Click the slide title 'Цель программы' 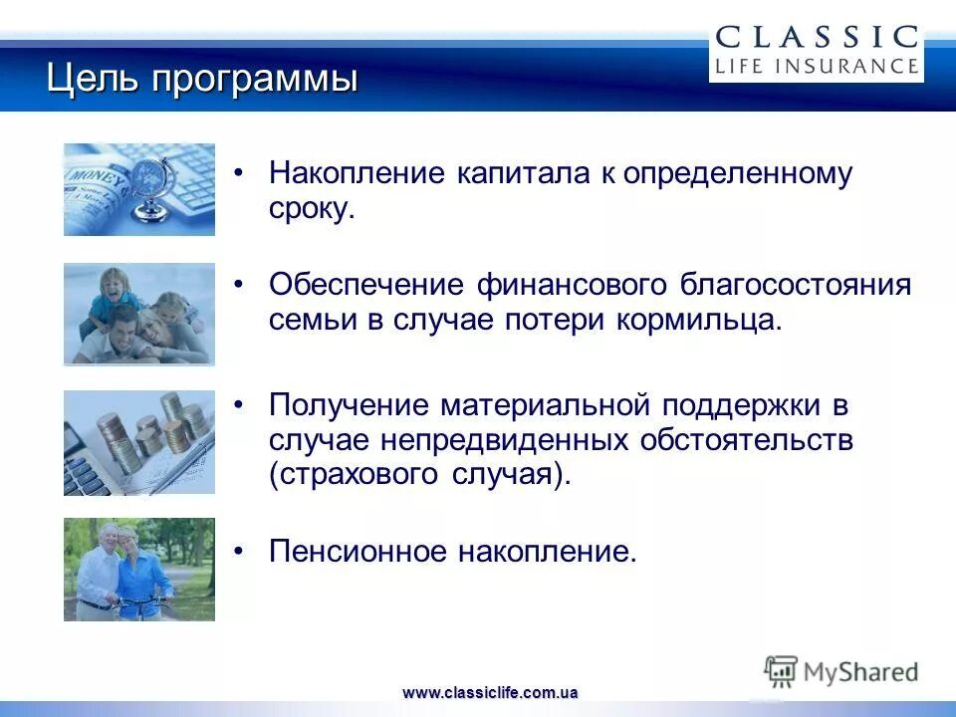(x=202, y=79)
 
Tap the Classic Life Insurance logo (x=816, y=51)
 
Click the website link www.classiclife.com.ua (x=490, y=692)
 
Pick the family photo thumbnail (x=139, y=314)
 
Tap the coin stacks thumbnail (x=139, y=442)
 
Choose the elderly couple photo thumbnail (x=139, y=570)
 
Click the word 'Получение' (x=350, y=405)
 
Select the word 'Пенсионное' (x=356, y=551)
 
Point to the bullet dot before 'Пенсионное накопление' (x=238, y=552)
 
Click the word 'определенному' (x=738, y=174)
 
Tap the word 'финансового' (x=570, y=285)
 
